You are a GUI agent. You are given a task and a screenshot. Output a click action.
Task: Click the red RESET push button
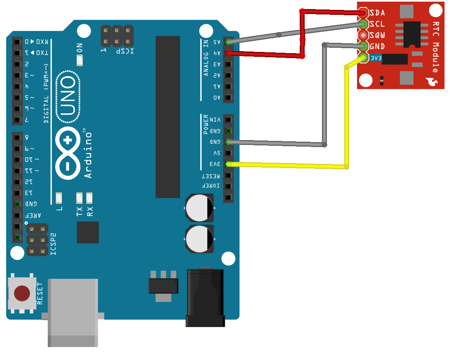(22, 293)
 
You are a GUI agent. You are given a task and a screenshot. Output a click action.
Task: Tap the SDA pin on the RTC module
(363, 12)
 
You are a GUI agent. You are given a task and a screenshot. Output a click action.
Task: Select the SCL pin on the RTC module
(363, 24)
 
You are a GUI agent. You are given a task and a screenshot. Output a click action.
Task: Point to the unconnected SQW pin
(363, 35)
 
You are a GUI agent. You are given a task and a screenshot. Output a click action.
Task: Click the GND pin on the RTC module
(363, 46)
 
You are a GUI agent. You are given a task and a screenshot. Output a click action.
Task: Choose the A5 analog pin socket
(228, 42)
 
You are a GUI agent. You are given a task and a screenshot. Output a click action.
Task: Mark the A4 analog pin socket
(228, 53)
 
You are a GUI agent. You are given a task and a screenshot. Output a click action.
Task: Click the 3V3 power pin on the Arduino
(228, 164)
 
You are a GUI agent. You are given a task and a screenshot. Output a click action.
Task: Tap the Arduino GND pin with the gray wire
(228, 142)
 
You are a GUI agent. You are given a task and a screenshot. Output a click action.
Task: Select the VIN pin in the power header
(228, 119)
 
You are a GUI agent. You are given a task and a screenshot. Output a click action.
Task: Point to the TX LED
(80, 198)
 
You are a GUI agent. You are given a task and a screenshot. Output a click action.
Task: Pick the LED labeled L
(59, 198)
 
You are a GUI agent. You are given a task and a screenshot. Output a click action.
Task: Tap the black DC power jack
(205, 297)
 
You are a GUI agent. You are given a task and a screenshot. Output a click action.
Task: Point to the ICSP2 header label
(53, 244)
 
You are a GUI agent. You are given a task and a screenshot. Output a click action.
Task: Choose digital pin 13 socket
(17, 193)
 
